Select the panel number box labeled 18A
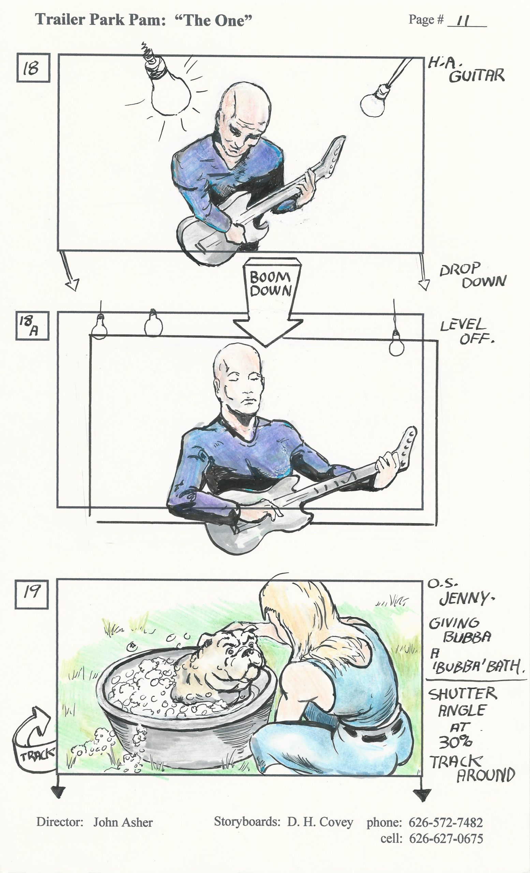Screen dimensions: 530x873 tap(32, 325)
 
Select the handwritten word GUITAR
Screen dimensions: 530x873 tap(476, 75)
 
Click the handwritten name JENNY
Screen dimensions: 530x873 tap(467, 598)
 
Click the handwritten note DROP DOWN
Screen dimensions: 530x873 tap(473, 275)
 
